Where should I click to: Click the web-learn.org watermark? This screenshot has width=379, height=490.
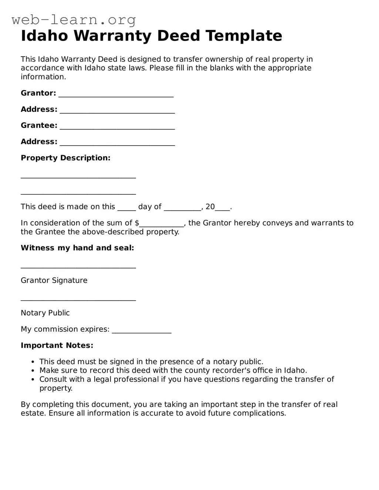(74, 20)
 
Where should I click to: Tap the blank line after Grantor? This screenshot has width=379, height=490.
(116, 94)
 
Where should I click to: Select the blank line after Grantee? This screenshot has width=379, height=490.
(117, 126)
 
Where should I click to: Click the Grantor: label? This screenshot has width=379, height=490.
(38, 93)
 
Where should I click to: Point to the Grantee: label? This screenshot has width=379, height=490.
(39, 126)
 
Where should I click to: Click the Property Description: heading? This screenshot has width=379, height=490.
(65, 158)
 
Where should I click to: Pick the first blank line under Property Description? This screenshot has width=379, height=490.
(78, 177)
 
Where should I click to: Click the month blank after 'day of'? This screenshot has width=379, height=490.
(182, 208)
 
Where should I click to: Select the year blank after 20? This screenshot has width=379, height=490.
(222, 208)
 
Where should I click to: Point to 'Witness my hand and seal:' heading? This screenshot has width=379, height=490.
(77, 248)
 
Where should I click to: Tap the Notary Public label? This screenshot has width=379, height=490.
(45, 313)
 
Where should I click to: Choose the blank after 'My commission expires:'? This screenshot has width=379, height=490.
(142, 330)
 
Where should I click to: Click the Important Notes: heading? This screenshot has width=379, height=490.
(57, 346)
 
